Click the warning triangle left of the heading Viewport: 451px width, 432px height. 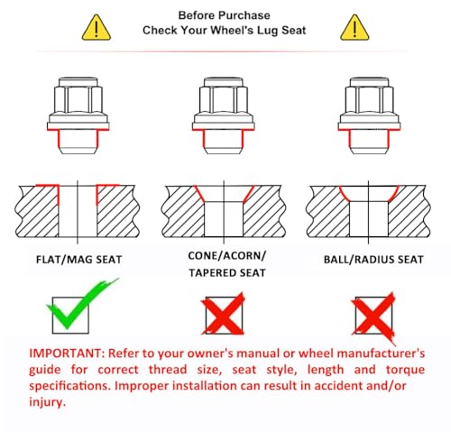tap(97, 28)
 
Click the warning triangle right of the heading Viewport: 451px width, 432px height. tap(354, 28)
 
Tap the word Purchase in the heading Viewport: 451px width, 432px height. tap(244, 15)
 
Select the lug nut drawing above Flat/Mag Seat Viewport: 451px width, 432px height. tap(78, 115)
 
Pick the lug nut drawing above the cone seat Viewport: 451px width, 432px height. tap(224, 115)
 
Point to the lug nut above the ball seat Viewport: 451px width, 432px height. tap(369, 115)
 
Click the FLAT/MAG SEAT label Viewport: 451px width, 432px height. tap(78, 260)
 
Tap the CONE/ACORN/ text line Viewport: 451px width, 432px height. tap(227, 256)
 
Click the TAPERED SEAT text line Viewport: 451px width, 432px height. tap(227, 272)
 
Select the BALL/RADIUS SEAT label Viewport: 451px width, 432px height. tap(373, 260)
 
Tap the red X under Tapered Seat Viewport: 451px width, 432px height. tap(223, 314)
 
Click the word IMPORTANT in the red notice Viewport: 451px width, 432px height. tap(67, 353)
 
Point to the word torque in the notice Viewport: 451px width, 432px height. tap(405, 370)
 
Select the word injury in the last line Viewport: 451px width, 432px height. tap(47, 402)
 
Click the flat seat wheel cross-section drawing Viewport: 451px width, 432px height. tap(78, 212)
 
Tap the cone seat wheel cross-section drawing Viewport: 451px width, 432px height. tap(224, 212)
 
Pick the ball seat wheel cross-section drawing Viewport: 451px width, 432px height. tap(369, 212)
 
